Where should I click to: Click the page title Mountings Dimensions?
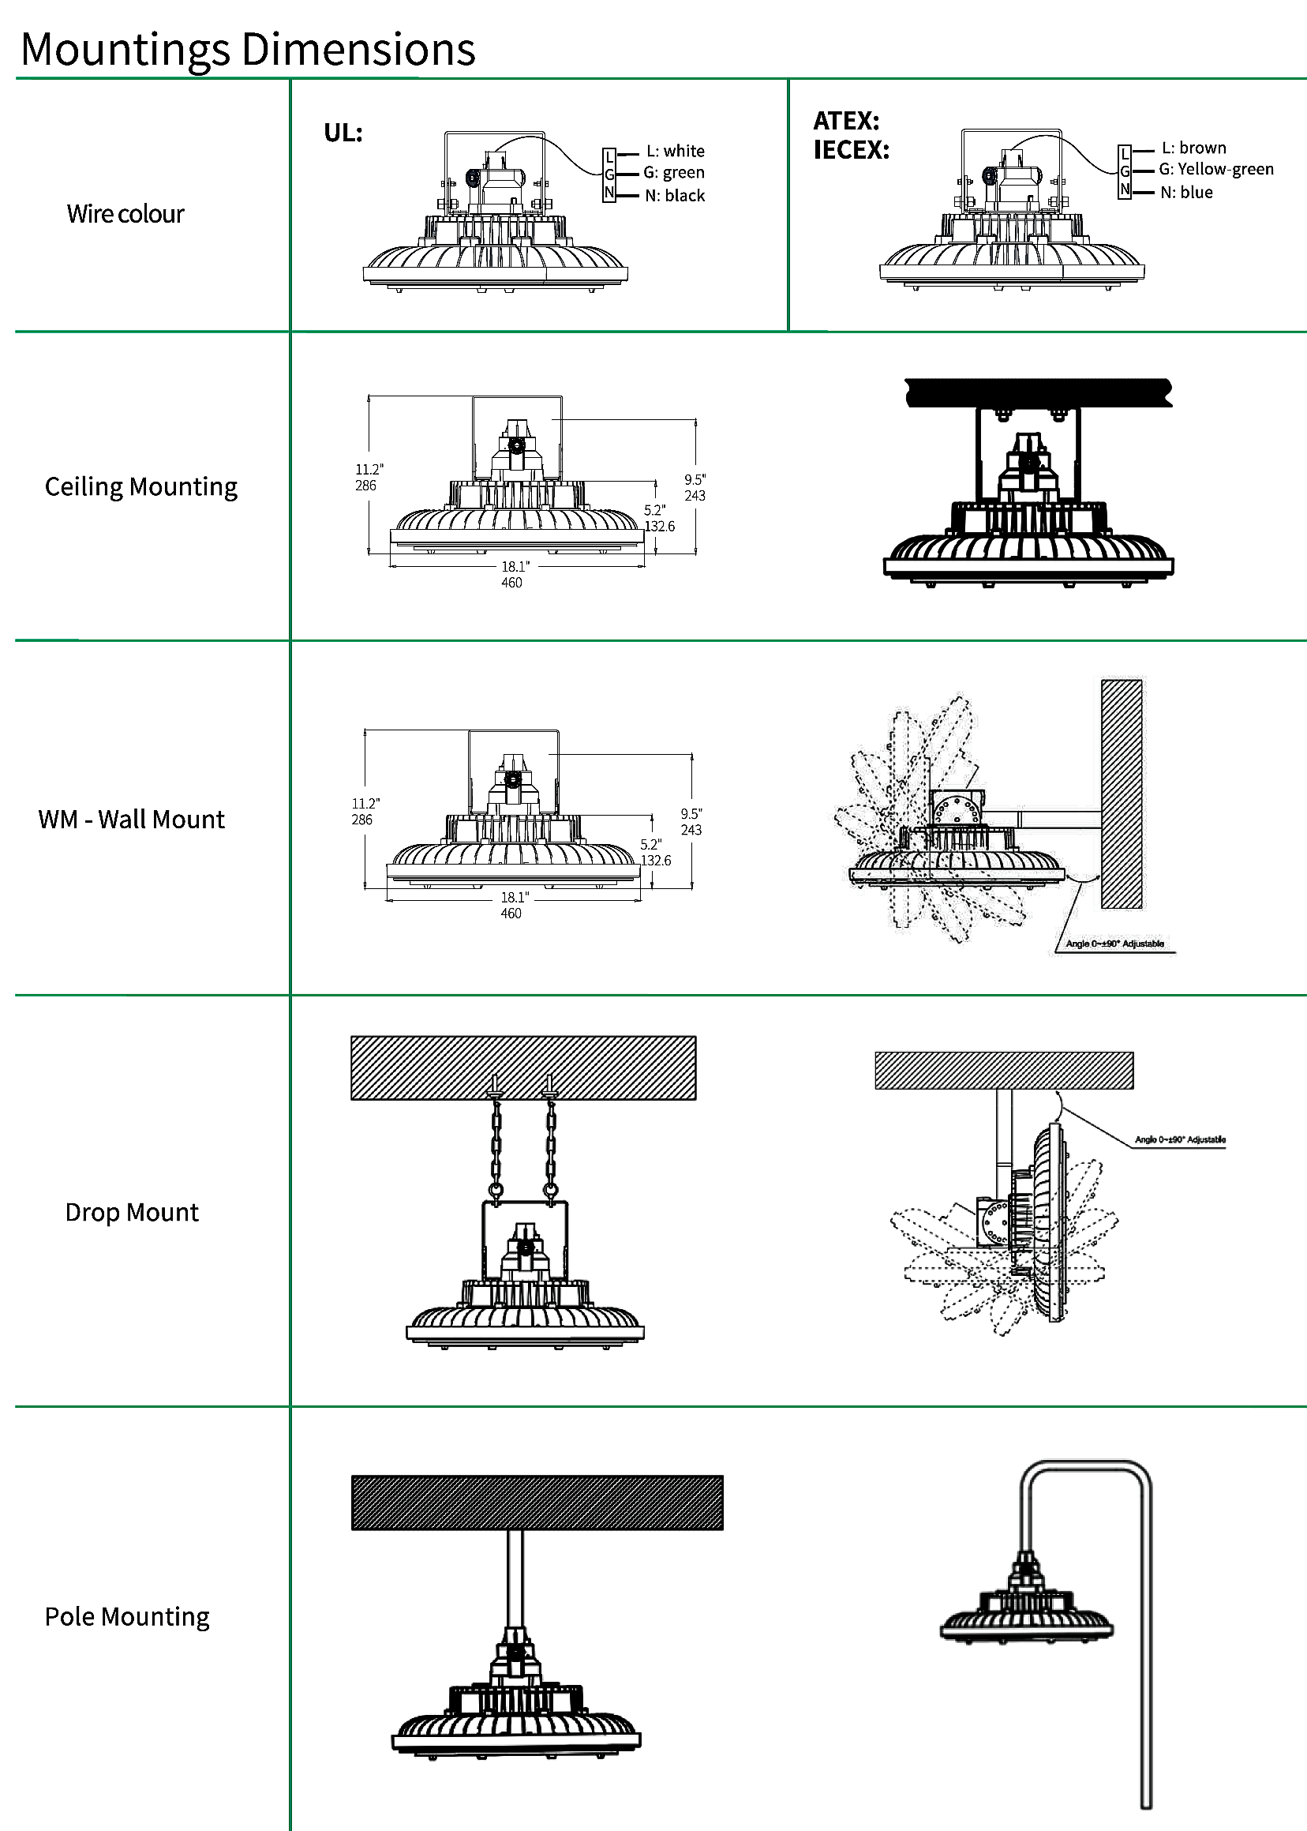click(248, 49)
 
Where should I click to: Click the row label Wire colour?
click(125, 214)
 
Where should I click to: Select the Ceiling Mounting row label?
click(140, 487)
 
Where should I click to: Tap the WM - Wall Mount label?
click(131, 820)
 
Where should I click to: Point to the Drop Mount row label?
click(131, 1213)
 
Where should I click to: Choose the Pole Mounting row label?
click(127, 1617)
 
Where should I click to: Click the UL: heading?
click(343, 133)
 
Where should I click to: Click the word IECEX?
click(851, 150)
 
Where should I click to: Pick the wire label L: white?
click(676, 152)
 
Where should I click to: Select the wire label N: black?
click(675, 196)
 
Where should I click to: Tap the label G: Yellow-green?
click(1215, 169)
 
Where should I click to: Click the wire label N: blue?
click(1186, 193)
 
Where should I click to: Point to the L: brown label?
click(1193, 148)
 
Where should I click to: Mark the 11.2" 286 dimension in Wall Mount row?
click(364, 812)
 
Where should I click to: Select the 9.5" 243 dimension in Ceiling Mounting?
click(695, 488)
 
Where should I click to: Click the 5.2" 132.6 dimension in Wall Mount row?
click(654, 853)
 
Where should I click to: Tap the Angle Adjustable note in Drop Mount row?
click(1180, 1139)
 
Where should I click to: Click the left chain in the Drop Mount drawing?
click(496, 1143)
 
